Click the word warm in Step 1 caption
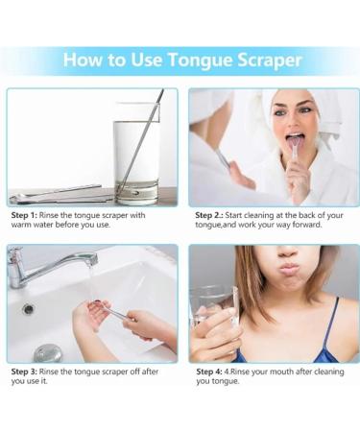pyautogui.click(x=25, y=226)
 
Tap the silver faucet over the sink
pyautogui.click(x=48, y=263)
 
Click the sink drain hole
pyautogui.click(x=28, y=309)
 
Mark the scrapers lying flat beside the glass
pyautogui.click(x=58, y=195)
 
